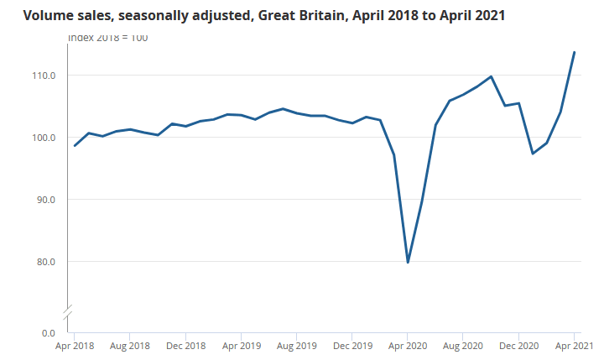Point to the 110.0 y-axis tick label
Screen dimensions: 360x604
tap(43, 76)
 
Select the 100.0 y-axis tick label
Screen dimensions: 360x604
tap(43, 138)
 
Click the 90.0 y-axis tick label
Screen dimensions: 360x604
tap(44, 200)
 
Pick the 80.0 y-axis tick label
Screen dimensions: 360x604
tap(44, 262)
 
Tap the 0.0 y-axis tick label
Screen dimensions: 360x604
tap(48, 333)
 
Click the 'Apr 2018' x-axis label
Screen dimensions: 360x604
tap(75, 346)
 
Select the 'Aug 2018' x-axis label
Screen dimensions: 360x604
tap(130, 346)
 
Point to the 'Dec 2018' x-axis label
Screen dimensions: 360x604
tap(185, 346)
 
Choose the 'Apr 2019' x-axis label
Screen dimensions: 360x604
tap(241, 346)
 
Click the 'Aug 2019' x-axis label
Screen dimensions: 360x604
tap(296, 346)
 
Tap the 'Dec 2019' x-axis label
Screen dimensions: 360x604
tap(352, 346)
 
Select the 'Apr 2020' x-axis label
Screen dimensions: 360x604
tap(408, 346)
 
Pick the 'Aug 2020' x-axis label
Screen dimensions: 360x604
tap(463, 346)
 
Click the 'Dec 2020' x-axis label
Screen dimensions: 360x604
tap(518, 346)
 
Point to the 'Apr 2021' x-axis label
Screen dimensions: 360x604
tap(574, 346)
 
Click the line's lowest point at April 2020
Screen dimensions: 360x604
tap(408, 263)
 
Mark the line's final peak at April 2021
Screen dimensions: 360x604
tap(574, 52)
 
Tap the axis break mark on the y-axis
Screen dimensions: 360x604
tap(68, 311)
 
